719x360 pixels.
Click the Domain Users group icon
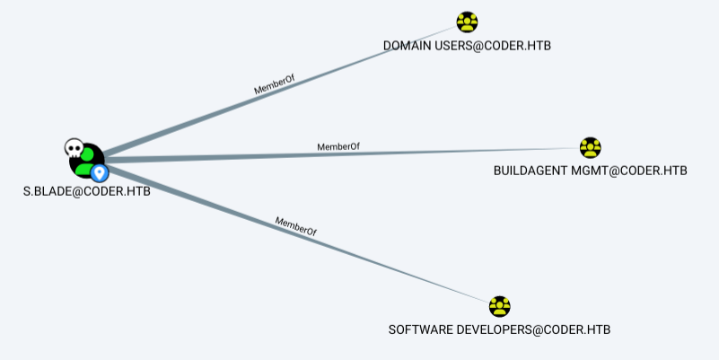click(467, 22)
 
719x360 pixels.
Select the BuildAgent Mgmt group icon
click(590, 147)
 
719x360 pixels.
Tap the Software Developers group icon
click(500, 307)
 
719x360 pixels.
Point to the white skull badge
click(74, 147)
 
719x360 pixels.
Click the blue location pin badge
click(100, 171)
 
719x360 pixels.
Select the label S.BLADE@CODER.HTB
click(86, 190)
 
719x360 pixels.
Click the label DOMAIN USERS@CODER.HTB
click(467, 45)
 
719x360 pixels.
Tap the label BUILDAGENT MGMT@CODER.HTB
click(590, 170)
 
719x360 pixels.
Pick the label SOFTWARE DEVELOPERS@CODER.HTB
click(499, 329)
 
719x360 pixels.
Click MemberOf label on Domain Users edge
click(275, 85)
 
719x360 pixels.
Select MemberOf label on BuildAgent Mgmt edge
click(338, 145)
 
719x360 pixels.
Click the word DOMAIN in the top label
click(407, 45)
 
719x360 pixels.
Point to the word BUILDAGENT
click(531, 170)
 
